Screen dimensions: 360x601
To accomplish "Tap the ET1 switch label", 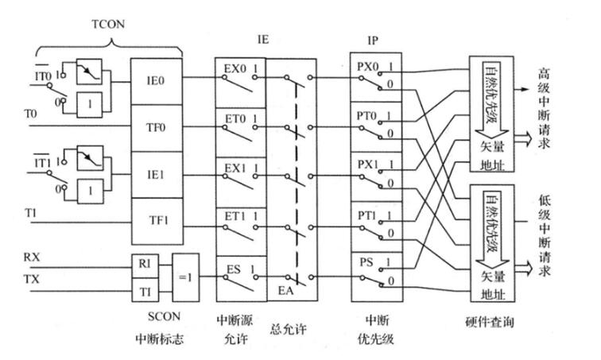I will (x=235, y=215).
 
